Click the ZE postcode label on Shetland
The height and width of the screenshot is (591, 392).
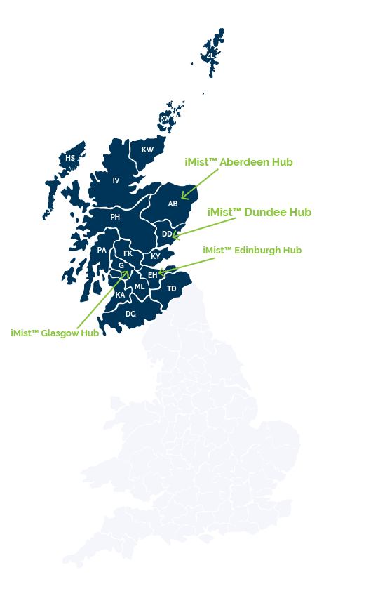(x=210, y=55)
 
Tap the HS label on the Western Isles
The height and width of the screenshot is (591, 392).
(x=70, y=158)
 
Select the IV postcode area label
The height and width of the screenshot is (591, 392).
(x=116, y=180)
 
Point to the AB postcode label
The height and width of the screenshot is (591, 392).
(x=173, y=204)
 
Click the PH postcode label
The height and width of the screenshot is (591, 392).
(x=115, y=217)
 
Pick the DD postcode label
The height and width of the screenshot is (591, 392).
(x=167, y=234)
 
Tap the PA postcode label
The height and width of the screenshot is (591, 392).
(x=102, y=250)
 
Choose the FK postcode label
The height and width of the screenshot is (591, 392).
(x=128, y=253)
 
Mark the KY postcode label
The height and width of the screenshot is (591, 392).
(x=156, y=256)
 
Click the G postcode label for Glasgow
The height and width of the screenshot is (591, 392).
(x=121, y=265)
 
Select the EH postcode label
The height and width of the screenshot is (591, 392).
(x=152, y=275)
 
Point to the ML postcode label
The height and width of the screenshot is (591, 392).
(x=140, y=286)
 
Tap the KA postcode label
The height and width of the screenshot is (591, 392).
(x=120, y=295)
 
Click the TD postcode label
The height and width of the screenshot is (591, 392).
(x=172, y=288)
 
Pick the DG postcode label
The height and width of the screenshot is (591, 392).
(x=131, y=314)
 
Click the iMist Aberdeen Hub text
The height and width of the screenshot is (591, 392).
(x=239, y=162)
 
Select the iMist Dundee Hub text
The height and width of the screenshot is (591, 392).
(x=259, y=212)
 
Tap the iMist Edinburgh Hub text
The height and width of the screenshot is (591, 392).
(x=252, y=250)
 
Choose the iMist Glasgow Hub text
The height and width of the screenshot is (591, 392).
(x=55, y=333)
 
